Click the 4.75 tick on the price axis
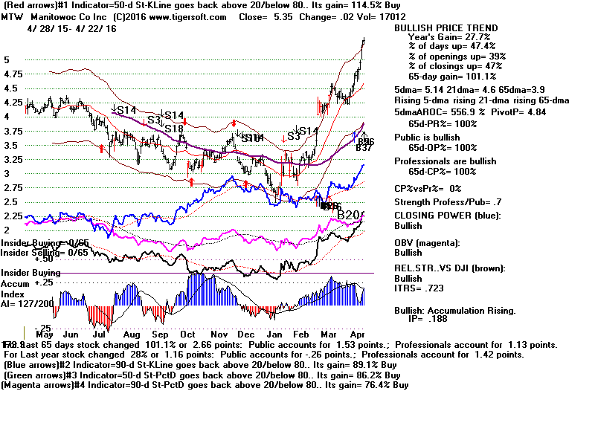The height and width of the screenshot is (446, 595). pos(13,74)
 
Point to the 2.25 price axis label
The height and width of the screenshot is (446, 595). pos(13,216)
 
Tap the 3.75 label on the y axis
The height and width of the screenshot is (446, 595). pos(13,131)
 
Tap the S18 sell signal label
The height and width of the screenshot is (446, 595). pos(174,129)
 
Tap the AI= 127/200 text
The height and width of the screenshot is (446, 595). pos(27,303)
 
